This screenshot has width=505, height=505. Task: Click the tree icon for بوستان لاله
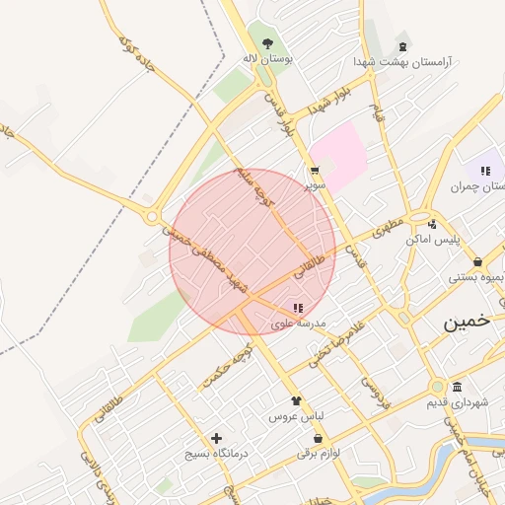pos(267,42)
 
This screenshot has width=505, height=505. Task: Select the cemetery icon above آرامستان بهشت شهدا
pos(402,46)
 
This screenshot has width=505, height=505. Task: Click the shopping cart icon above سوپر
pos(315,170)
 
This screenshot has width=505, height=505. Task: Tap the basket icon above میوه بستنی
pos(478,261)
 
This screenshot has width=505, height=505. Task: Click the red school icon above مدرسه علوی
pos(299,308)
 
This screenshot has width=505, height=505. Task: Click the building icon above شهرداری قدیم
pos(457,388)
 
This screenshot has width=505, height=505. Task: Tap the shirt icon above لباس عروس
pos(295,401)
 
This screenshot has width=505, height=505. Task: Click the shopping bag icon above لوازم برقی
pos(304,436)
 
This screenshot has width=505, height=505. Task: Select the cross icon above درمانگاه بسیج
pos(217,438)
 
